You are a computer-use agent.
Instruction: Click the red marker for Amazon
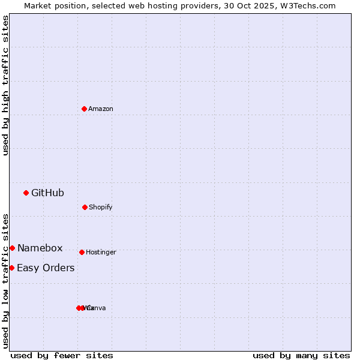84,109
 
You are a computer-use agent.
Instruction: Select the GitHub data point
26,193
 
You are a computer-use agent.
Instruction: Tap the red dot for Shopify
85,207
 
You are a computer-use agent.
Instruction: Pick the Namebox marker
12,248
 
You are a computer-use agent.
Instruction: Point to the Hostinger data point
82,252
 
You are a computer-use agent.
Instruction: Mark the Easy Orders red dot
11,268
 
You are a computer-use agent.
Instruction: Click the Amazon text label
101,109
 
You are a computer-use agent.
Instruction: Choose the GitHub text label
47,193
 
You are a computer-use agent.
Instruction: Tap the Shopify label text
101,207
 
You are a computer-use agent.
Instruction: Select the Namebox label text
40,248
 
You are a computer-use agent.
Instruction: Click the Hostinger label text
101,252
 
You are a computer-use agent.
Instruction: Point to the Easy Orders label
46,268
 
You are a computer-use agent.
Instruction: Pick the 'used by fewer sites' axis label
62,355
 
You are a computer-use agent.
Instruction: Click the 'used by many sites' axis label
301,355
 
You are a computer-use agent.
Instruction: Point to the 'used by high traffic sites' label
5,85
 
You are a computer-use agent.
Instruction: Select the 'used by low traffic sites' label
5,280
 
